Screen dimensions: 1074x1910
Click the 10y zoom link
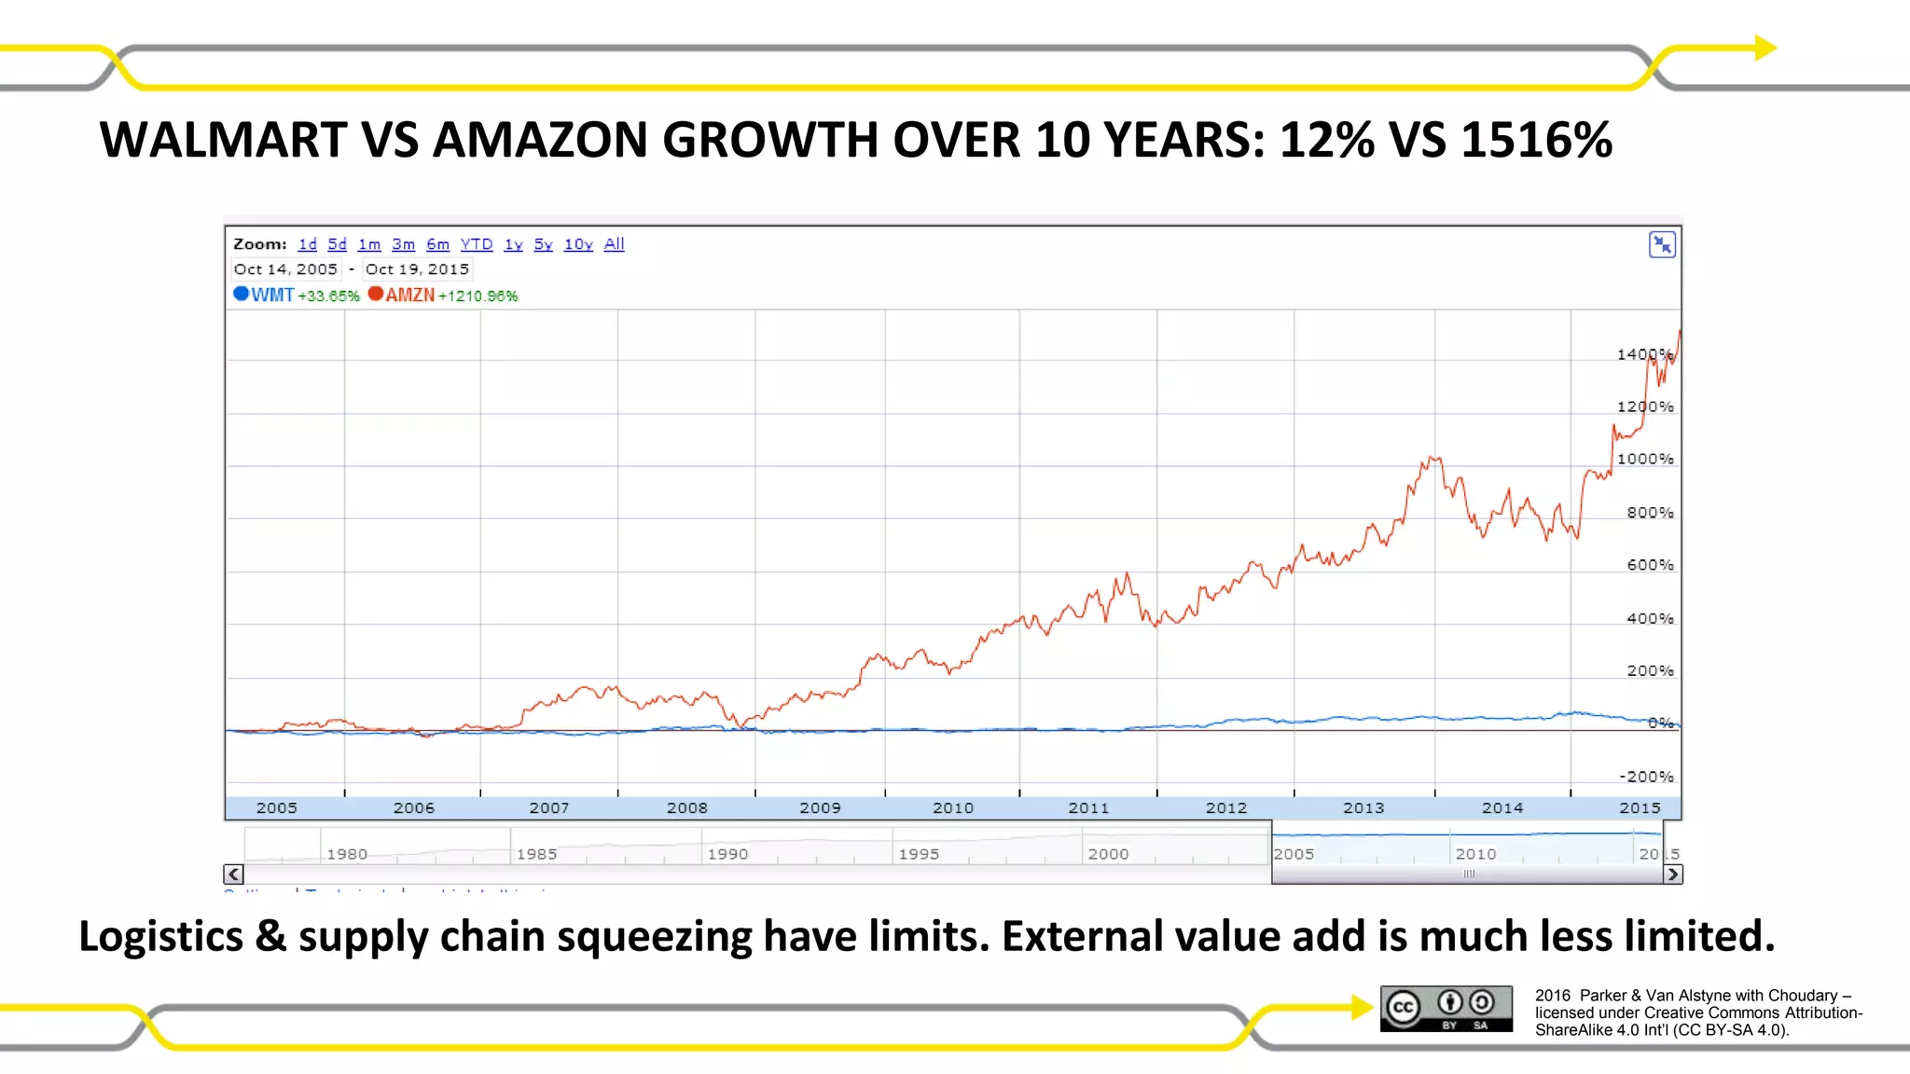[x=577, y=244]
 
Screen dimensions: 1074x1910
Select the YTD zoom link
[x=476, y=244]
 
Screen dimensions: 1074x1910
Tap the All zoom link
[x=614, y=244]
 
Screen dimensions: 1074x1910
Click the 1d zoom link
[x=307, y=244]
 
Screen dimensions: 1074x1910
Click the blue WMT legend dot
[x=241, y=294]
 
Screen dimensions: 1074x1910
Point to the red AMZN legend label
[x=410, y=295]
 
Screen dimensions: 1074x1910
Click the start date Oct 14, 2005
[x=285, y=269]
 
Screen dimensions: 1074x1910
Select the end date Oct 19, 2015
[x=417, y=269]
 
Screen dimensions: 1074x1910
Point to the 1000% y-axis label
[x=1644, y=459]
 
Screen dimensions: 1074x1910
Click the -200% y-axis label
[x=1646, y=777]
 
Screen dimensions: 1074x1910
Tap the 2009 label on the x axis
[x=820, y=808]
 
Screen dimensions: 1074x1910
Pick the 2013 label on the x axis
[x=1363, y=808]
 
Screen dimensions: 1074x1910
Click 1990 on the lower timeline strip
[x=727, y=854]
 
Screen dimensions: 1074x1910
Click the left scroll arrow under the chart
[x=233, y=874]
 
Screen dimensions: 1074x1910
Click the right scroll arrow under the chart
[x=1672, y=874]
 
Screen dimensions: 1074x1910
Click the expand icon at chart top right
[x=1662, y=245]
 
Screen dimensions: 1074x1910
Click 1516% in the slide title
[x=1536, y=140]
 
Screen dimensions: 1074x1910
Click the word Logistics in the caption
[x=160, y=936]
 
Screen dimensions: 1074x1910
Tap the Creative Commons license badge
[x=1446, y=1009]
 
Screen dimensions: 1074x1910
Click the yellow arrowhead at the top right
[x=1765, y=48]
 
